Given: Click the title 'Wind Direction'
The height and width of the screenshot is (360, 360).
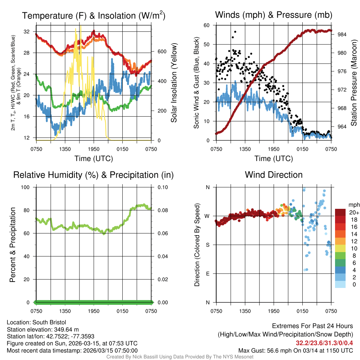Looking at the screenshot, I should [274, 175].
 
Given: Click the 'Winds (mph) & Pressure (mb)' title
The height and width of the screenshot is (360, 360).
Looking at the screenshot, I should [274, 15].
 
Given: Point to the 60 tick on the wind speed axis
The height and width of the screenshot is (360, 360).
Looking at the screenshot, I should [207, 25].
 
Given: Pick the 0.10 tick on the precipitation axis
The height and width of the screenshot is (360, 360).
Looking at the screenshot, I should [162, 187].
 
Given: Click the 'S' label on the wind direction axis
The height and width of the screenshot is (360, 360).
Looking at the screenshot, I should [207, 245].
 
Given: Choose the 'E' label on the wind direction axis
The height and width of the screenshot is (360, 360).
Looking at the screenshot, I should [207, 274].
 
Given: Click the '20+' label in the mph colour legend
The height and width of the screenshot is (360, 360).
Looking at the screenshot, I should [354, 212].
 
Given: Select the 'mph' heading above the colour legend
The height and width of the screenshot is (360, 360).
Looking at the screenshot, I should [353, 205].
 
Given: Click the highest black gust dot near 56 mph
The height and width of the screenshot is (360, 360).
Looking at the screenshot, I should [235, 32].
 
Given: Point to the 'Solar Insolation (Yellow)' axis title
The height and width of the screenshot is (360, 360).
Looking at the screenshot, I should [174, 83].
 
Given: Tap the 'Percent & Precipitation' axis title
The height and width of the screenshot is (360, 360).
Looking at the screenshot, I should [13, 245].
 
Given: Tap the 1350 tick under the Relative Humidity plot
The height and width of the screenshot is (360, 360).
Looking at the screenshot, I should [65, 311].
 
